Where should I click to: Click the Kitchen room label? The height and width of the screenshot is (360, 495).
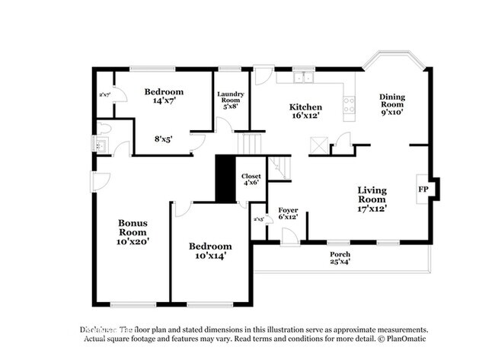pos(305,107)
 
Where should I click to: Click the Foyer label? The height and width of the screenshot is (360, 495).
pos(287,209)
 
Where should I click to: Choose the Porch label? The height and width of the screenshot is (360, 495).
pos(339,253)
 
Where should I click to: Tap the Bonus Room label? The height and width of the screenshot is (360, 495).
pos(133,228)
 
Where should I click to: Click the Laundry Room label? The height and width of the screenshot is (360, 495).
pos(230,97)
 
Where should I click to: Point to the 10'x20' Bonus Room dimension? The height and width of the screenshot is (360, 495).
pos(133,241)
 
